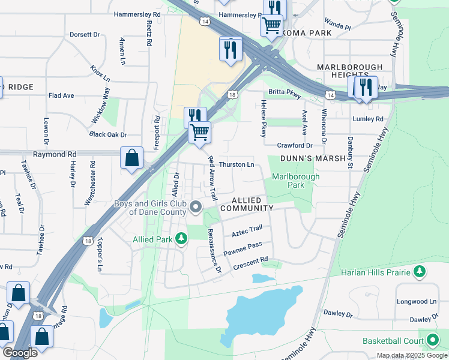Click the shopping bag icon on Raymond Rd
pyautogui.click(x=132, y=158)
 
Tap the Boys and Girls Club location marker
pyautogui.click(x=196, y=208)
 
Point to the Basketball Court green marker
pyautogui.click(x=431, y=341)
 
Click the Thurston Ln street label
pyautogui.click(x=237, y=164)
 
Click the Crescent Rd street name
pyautogui.click(x=250, y=263)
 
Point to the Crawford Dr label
pyautogui.click(x=295, y=146)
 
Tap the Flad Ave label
pyautogui.click(x=61, y=95)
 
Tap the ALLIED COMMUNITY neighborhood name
pyautogui.click(x=247, y=204)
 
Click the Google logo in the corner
pyautogui.click(x=20, y=353)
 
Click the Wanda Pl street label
pyautogui.click(x=338, y=26)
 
